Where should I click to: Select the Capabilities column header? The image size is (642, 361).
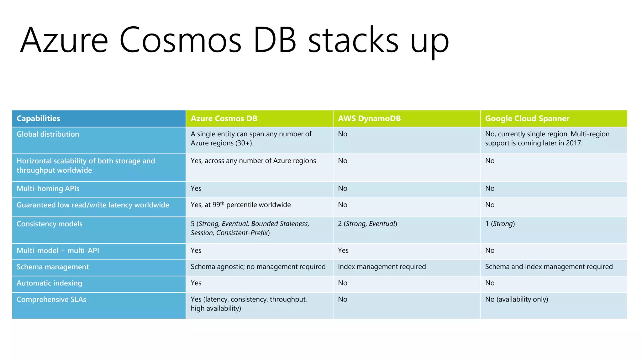pyautogui.click(x=38, y=118)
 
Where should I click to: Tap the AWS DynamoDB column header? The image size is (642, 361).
pyautogui.click(x=369, y=118)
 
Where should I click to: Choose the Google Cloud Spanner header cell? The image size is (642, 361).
pyautogui.click(x=527, y=118)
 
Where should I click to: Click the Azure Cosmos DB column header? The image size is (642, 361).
pyautogui.click(x=224, y=118)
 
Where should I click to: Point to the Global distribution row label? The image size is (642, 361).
pyautogui.click(x=48, y=134)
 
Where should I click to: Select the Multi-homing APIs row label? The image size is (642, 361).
pyautogui.click(x=48, y=189)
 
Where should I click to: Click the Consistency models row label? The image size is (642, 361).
pyautogui.click(x=50, y=224)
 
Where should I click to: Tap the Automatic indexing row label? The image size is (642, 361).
pyautogui.click(x=49, y=283)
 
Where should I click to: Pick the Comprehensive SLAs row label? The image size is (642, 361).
pyautogui.click(x=51, y=300)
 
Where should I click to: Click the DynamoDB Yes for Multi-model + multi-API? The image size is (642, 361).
pyautogui.click(x=343, y=250)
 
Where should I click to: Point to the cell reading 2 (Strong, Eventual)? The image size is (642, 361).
pyautogui.click(x=367, y=224)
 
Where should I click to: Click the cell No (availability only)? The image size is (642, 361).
pyautogui.click(x=516, y=299)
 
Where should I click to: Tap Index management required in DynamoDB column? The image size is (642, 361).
pyautogui.click(x=382, y=267)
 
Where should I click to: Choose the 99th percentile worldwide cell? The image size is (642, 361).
pyautogui.click(x=240, y=205)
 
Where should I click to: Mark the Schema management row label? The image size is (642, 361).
pyautogui.click(x=53, y=267)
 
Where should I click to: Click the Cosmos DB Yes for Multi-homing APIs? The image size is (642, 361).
pyautogui.click(x=196, y=188)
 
